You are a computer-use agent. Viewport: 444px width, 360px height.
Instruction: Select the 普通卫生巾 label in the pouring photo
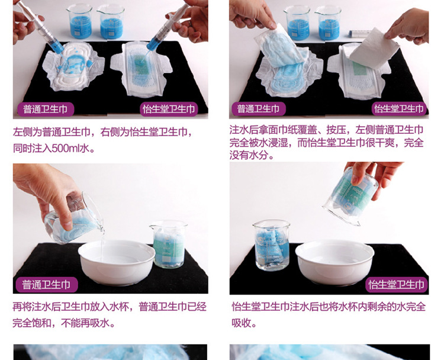(46, 284)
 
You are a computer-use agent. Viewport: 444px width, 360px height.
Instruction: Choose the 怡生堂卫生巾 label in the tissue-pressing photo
(398, 109)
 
